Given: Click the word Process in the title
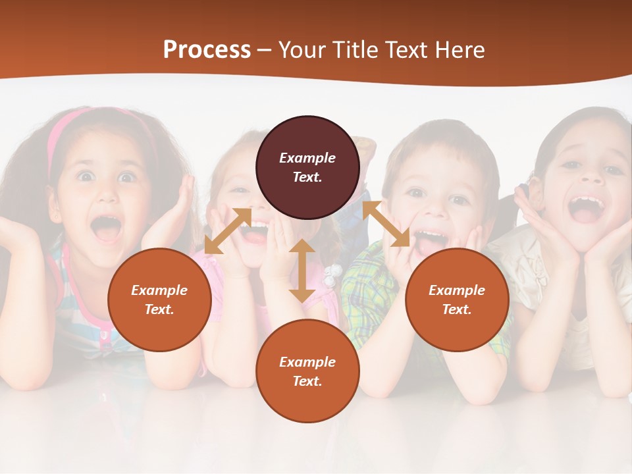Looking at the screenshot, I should pyautogui.click(x=207, y=50).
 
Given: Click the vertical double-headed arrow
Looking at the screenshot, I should pyautogui.click(x=302, y=271).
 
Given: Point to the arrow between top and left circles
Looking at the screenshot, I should pyautogui.click(x=228, y=231).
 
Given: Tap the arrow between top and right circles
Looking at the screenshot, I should pyautogui.click(x=386, y=224).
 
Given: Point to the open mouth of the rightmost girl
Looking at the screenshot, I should pyautogui.click(x=587, y=208).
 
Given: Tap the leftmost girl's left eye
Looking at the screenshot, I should pyautogui.click(x=86, y=176).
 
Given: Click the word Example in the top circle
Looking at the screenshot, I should pyautogui.click(x=307, y=158).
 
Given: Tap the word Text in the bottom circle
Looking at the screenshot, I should pyautogui.click(x=306, y=381).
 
